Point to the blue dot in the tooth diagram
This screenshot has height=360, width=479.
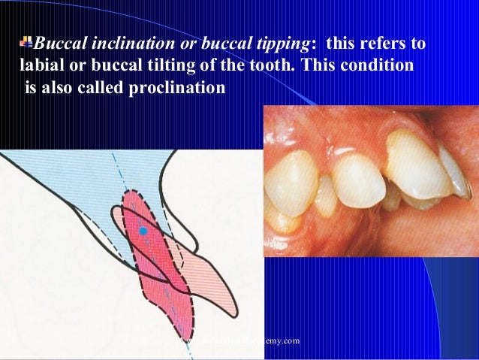(143, 230)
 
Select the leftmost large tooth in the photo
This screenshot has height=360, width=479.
(292, 184)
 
